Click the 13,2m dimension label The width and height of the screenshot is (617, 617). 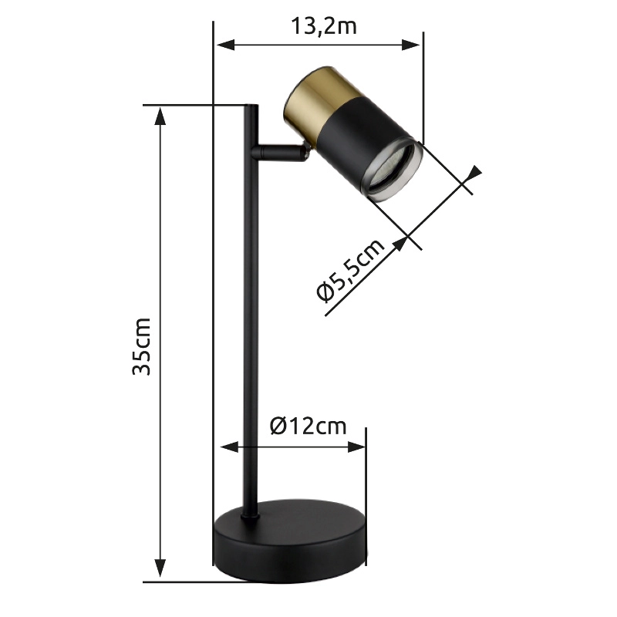point(323,26)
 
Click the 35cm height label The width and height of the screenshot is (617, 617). point(141,345)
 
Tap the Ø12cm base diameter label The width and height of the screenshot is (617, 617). point(308,426)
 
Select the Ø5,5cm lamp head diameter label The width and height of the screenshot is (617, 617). point(351,271)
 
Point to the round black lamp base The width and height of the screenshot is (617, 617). point(290,543)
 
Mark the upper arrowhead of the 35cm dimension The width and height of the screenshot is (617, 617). point(160,114)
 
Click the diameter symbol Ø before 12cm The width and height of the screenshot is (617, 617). point(278,426)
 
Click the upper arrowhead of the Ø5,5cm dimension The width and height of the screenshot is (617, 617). point(472,177)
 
